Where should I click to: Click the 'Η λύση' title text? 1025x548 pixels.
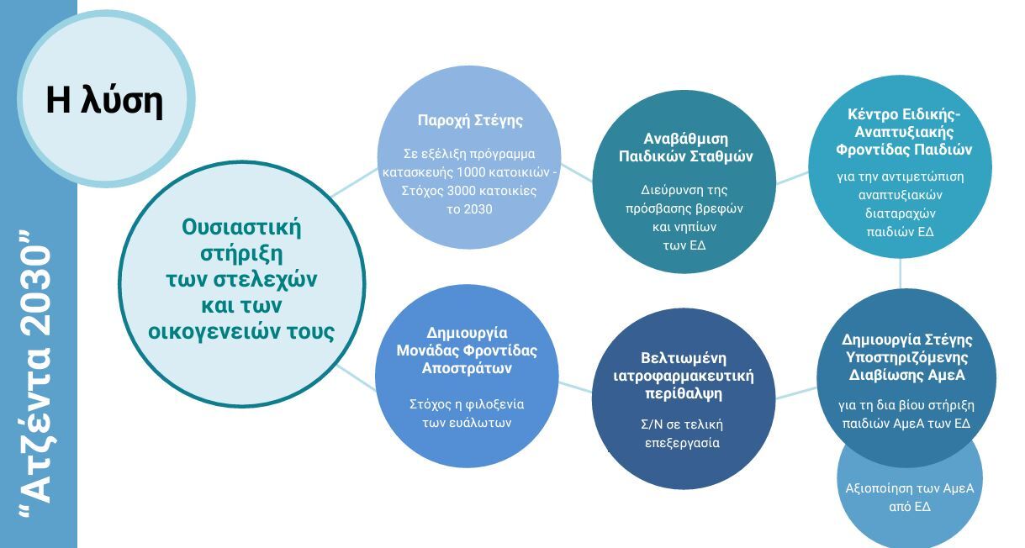(x=104, y=101)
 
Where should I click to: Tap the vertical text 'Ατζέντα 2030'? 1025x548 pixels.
(x=38, y=374)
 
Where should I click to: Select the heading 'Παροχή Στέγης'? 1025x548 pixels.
(x=470, y=120)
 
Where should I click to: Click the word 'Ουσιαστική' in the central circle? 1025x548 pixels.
(x=241, y=227)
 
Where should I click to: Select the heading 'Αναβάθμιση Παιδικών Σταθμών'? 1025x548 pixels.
(x=685, y=147)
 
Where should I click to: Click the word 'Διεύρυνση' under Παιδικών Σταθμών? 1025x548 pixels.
(x=663, y=190)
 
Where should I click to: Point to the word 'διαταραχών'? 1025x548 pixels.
(x=900, y=213)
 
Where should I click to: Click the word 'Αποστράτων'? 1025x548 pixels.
(x=467, y=368)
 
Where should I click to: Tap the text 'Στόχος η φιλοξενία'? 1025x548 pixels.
(x=467, y=405)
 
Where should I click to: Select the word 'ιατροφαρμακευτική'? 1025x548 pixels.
(x=683, y=377)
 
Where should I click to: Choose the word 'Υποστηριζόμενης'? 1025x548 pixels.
(x=906, y=358)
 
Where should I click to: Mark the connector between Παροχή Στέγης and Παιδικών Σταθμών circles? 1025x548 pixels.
(x=576, y=172)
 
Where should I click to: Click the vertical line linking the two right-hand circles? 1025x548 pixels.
(x=900, y=273)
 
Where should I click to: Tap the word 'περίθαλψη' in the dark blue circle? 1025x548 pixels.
(x=683, y=394)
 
